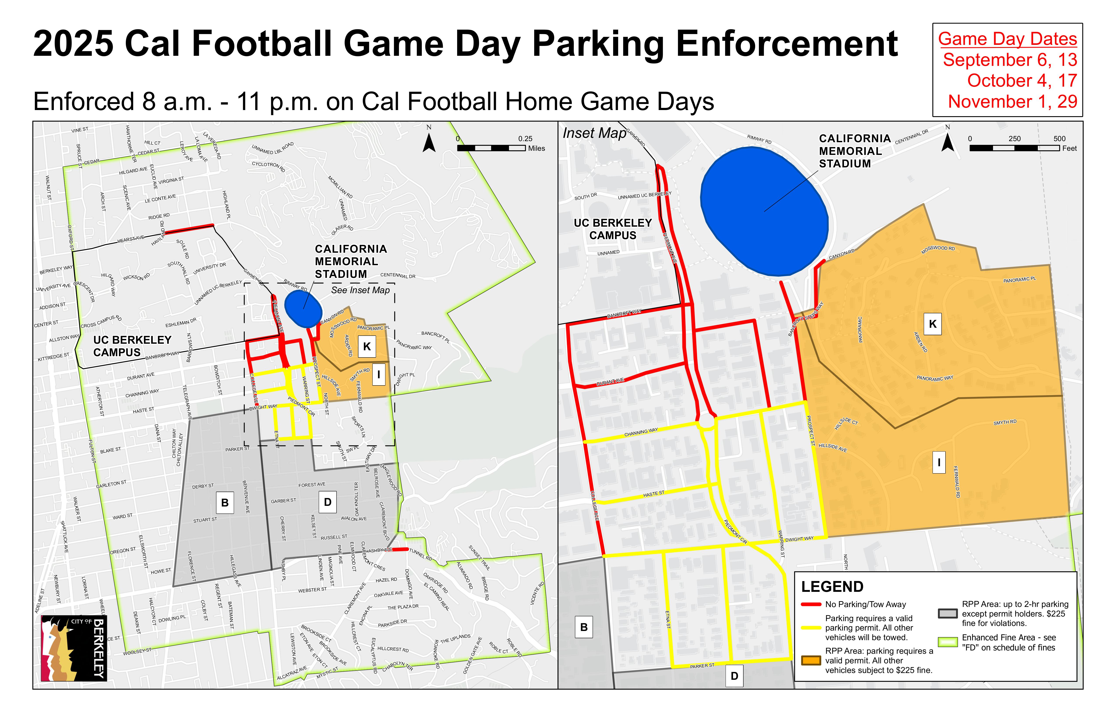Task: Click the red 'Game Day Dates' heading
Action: pyautogui.click(x=1007, y=39)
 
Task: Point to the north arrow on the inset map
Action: pyautogui.click(x=948, y=140)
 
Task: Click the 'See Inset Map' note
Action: pyautogui.click(x=360, y=290)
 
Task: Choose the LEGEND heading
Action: pyautogui.click(x=832, y=587)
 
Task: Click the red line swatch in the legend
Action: pyautogui.click(x=811, y=604)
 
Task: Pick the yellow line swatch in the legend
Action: pyautogui.click(x=811, y=628)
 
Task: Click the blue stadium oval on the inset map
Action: pyautogui.click(x=764, y=211)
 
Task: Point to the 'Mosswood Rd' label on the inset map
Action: pyautogui.click(x=938, y=249)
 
